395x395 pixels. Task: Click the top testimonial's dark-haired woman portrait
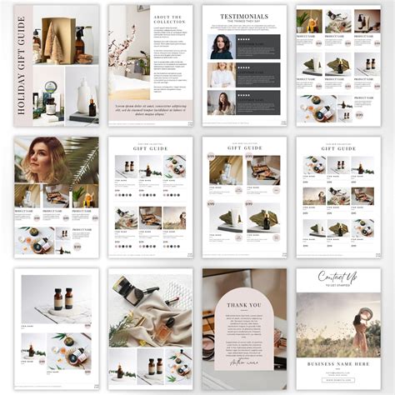point(222,46)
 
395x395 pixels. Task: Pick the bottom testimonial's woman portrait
point(222,102)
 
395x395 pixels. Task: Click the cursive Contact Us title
point(337,277)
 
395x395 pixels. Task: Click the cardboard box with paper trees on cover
point(57,37)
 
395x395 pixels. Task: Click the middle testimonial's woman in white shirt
point(222,75)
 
